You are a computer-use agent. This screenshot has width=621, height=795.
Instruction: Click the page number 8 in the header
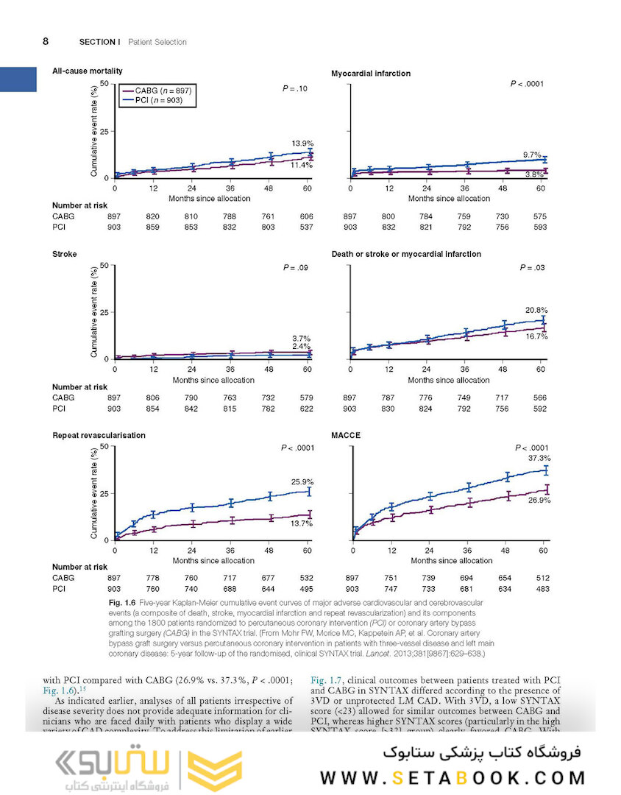46,41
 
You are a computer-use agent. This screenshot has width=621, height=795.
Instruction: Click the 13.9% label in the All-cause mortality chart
302,143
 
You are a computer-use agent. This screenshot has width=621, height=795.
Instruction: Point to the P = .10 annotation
295,88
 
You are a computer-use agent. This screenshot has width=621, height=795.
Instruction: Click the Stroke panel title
64,254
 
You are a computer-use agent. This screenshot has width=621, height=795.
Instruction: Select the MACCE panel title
346,435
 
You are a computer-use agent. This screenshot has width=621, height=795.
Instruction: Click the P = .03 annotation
530,268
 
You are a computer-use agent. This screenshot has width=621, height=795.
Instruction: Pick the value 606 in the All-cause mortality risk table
306,216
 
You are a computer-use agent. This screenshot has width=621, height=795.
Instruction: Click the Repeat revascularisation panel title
99,435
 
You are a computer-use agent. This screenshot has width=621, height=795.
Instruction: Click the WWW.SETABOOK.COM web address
453,777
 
